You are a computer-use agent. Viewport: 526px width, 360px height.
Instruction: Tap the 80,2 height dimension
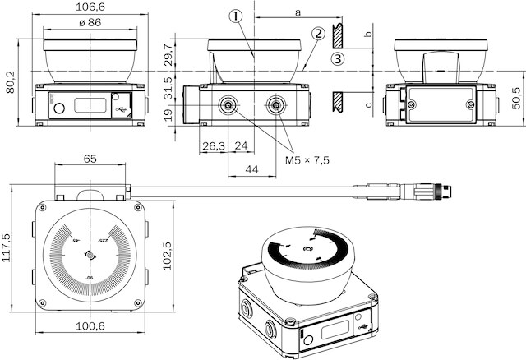10,80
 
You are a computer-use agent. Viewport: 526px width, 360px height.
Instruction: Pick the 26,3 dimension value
213,145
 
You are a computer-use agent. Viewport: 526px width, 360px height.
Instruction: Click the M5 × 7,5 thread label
307,160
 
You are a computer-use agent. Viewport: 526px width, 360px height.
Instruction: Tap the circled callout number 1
237,16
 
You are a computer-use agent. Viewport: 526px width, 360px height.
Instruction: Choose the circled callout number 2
316,34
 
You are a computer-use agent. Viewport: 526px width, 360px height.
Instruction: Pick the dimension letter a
297,11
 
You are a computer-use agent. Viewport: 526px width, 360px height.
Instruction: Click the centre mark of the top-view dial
89,256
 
